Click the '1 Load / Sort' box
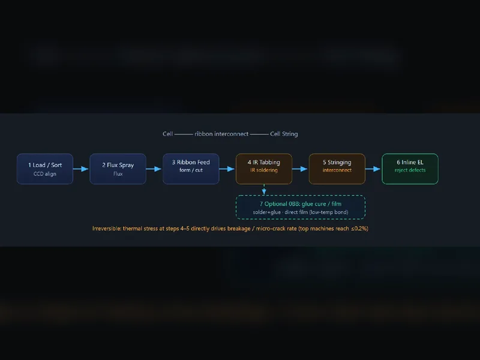45,169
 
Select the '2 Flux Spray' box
118,169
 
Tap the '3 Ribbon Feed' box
191,169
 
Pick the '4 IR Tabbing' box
264,169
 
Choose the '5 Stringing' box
337,169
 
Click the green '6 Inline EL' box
410,169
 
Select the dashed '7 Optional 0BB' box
301,207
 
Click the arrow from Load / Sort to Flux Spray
81,169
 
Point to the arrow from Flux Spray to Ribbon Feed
154,169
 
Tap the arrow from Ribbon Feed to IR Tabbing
227,169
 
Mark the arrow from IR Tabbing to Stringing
299,169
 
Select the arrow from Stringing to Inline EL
373,169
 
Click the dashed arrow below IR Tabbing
264,190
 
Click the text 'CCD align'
45,174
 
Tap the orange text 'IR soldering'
264,170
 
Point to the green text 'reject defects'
410,170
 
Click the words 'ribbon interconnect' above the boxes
221,134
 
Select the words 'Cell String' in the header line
284,134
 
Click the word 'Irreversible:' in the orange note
107,229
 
